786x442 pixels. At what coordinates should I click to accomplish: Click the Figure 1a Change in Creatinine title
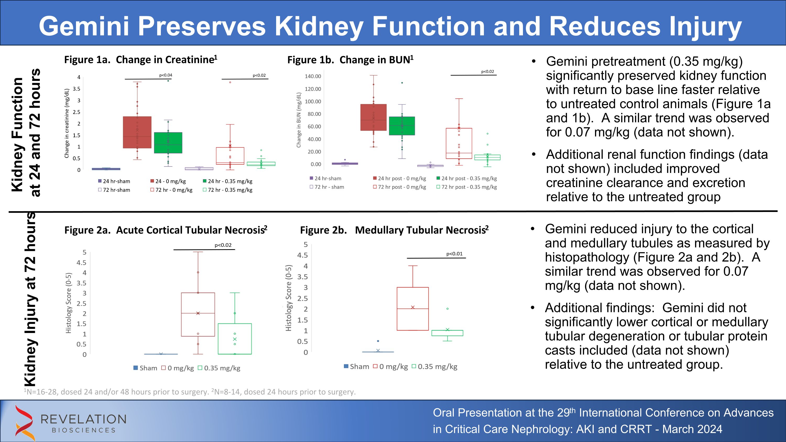[140, 59]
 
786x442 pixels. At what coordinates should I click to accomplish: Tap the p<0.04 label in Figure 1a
[166, 75]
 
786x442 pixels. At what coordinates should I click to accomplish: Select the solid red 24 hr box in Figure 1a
[137, 132]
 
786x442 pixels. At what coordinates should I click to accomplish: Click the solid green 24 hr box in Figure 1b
[402, 126]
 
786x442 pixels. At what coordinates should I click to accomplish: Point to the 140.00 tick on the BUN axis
[313, 76]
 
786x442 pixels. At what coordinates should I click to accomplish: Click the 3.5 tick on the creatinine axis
[77, 89]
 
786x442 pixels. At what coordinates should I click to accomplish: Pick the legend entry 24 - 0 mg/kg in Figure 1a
[170, 181]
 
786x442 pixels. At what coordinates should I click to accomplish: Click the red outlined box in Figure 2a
[198, 314]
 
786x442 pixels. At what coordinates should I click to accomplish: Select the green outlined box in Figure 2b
[447, 333]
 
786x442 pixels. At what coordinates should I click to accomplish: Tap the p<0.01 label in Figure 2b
[454, 254]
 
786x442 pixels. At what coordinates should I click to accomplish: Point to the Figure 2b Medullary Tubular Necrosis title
[394, 230]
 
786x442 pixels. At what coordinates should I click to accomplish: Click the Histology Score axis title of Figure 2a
[69, 303]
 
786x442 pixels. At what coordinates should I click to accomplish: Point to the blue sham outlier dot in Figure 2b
[378, 341]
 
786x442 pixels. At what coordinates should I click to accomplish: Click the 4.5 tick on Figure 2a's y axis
[81, 263]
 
